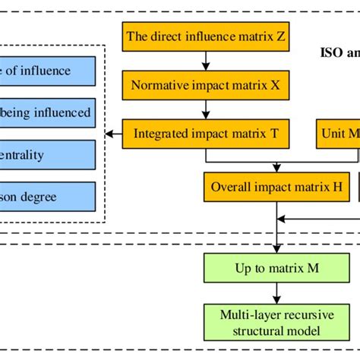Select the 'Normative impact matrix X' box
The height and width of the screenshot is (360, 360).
tap(206, 86)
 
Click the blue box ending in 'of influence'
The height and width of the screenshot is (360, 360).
tap(47, 71)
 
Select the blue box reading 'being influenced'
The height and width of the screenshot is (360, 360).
tap(47, 113)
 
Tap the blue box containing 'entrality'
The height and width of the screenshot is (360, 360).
tap(47, 155)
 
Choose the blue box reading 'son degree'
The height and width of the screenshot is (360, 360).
tap(47, 196)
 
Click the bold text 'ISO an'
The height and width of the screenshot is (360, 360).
tap(338, 53)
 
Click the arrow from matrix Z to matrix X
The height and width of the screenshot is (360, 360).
tap(206, 61)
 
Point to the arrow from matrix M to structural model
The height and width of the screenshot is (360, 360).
tap(278, 293)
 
